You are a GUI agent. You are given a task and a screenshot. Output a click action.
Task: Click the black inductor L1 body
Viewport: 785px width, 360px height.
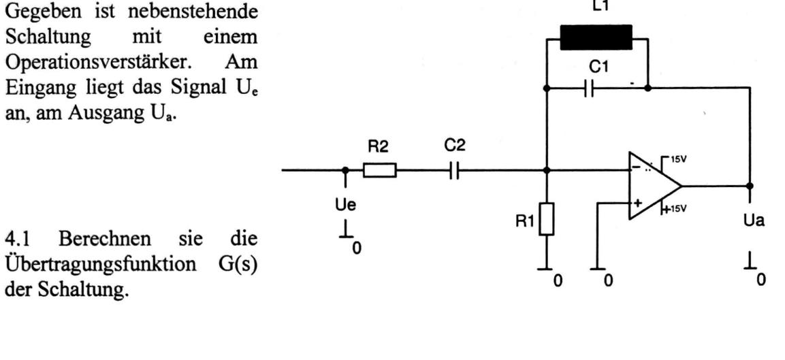click(596, 37)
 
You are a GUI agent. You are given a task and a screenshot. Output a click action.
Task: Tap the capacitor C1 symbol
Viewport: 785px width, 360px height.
click(589, 88)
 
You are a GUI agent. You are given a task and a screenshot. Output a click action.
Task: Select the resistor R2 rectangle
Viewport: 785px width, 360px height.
click(379, 170)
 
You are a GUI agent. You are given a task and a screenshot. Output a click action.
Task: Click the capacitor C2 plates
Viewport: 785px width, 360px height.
click(454, 171)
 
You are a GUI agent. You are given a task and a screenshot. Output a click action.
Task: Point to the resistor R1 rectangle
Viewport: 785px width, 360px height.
click(547, 219)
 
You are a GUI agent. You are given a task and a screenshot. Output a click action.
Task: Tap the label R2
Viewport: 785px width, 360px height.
click(379, 148)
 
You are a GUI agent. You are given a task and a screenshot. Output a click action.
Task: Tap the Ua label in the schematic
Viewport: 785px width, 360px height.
click(754, 220)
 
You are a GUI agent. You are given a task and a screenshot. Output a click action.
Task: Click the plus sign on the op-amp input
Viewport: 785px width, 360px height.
click(638, 203)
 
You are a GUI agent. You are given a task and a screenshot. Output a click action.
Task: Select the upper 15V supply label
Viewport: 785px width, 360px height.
click(680, 160)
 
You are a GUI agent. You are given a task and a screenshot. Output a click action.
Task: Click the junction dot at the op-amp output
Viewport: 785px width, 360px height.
click(750, 186)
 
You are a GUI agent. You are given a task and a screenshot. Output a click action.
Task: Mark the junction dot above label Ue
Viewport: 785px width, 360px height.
click(345, 170)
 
